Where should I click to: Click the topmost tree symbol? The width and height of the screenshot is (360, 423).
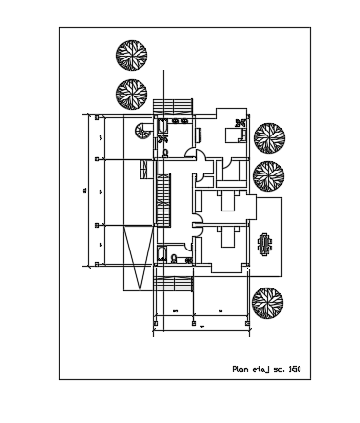coord(131,56)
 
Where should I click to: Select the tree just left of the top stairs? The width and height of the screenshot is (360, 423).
coord(132,94)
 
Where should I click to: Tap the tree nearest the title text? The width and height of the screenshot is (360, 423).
coord(267,303)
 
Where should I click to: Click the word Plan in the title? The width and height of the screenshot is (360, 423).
coord(241,369)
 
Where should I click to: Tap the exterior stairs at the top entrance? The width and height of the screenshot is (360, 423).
coord(175,105)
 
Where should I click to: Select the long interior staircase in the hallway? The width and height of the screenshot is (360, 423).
coord(164,200)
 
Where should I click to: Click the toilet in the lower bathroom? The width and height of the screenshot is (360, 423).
coord(173,258)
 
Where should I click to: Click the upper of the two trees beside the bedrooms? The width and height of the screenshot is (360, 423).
coord(267,138)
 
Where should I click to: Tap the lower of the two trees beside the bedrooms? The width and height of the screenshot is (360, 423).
coord(268,176)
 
